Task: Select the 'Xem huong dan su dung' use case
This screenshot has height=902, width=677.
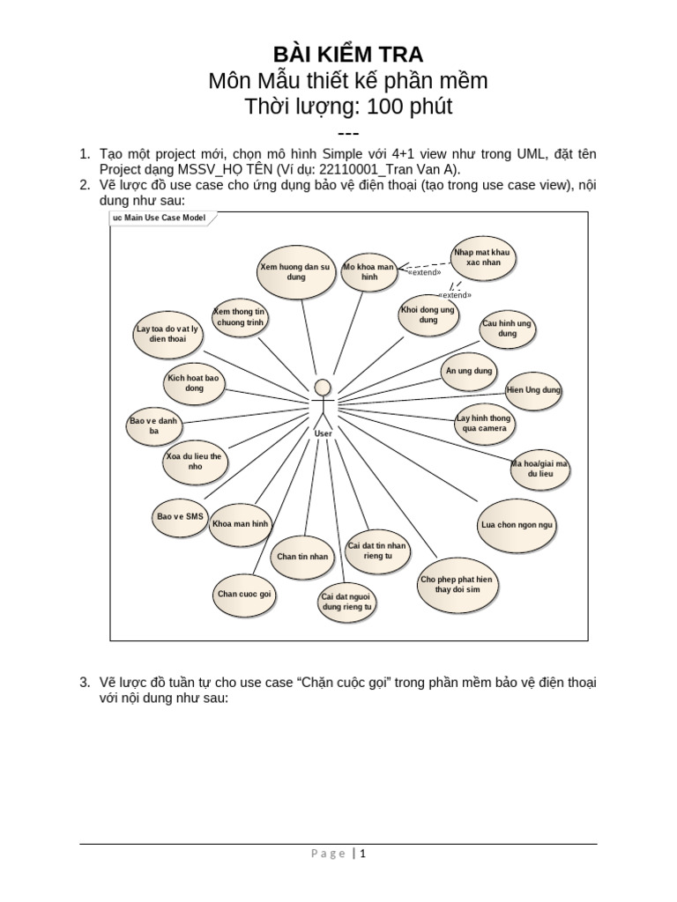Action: [294, 271]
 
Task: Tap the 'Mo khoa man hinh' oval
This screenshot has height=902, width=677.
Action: [368, 271]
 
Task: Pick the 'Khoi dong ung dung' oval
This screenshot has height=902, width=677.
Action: [428, 315]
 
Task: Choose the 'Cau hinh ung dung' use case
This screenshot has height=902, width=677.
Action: [507, 329]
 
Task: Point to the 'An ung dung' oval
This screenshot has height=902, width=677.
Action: [469, 372]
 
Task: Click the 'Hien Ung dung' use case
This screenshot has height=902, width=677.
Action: [534, 390]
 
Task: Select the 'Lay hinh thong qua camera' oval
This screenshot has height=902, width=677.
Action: [482, 425]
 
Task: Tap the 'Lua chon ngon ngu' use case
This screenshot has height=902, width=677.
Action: [518, 525]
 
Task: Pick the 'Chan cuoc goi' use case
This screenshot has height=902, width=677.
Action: [244, 595]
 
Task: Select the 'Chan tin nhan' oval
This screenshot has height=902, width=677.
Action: [302, 557]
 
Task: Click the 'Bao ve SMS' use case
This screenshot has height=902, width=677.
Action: [179, 516]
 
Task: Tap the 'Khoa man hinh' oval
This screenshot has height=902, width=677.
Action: [240, 524]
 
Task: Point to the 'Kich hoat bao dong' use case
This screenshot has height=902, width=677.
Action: [195, 383]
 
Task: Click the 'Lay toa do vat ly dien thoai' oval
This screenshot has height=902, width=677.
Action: [167, 334]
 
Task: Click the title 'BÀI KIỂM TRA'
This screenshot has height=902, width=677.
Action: [338, 55]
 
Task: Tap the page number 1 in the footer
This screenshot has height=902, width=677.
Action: [361, 854]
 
